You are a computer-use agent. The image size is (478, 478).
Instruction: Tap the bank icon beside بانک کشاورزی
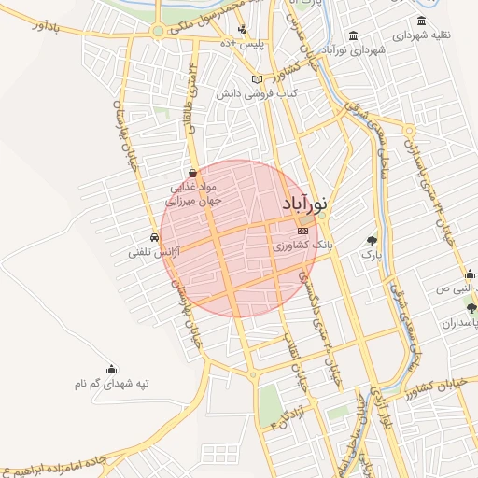302,230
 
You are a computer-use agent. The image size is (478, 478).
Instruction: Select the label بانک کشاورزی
302,245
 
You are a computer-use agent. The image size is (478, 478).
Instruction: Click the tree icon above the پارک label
373,240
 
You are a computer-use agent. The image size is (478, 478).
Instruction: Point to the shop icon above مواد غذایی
192,173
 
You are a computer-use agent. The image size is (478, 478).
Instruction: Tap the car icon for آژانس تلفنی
153,237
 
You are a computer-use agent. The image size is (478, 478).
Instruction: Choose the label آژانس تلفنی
153,252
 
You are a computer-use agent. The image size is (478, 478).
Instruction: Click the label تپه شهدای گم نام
112,383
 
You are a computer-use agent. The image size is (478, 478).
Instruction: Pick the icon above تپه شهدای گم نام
112,369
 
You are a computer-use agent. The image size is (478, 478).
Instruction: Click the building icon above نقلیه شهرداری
421,21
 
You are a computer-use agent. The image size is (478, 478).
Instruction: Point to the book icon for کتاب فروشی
257,80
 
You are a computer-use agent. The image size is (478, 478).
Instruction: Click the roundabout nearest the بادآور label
158,31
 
